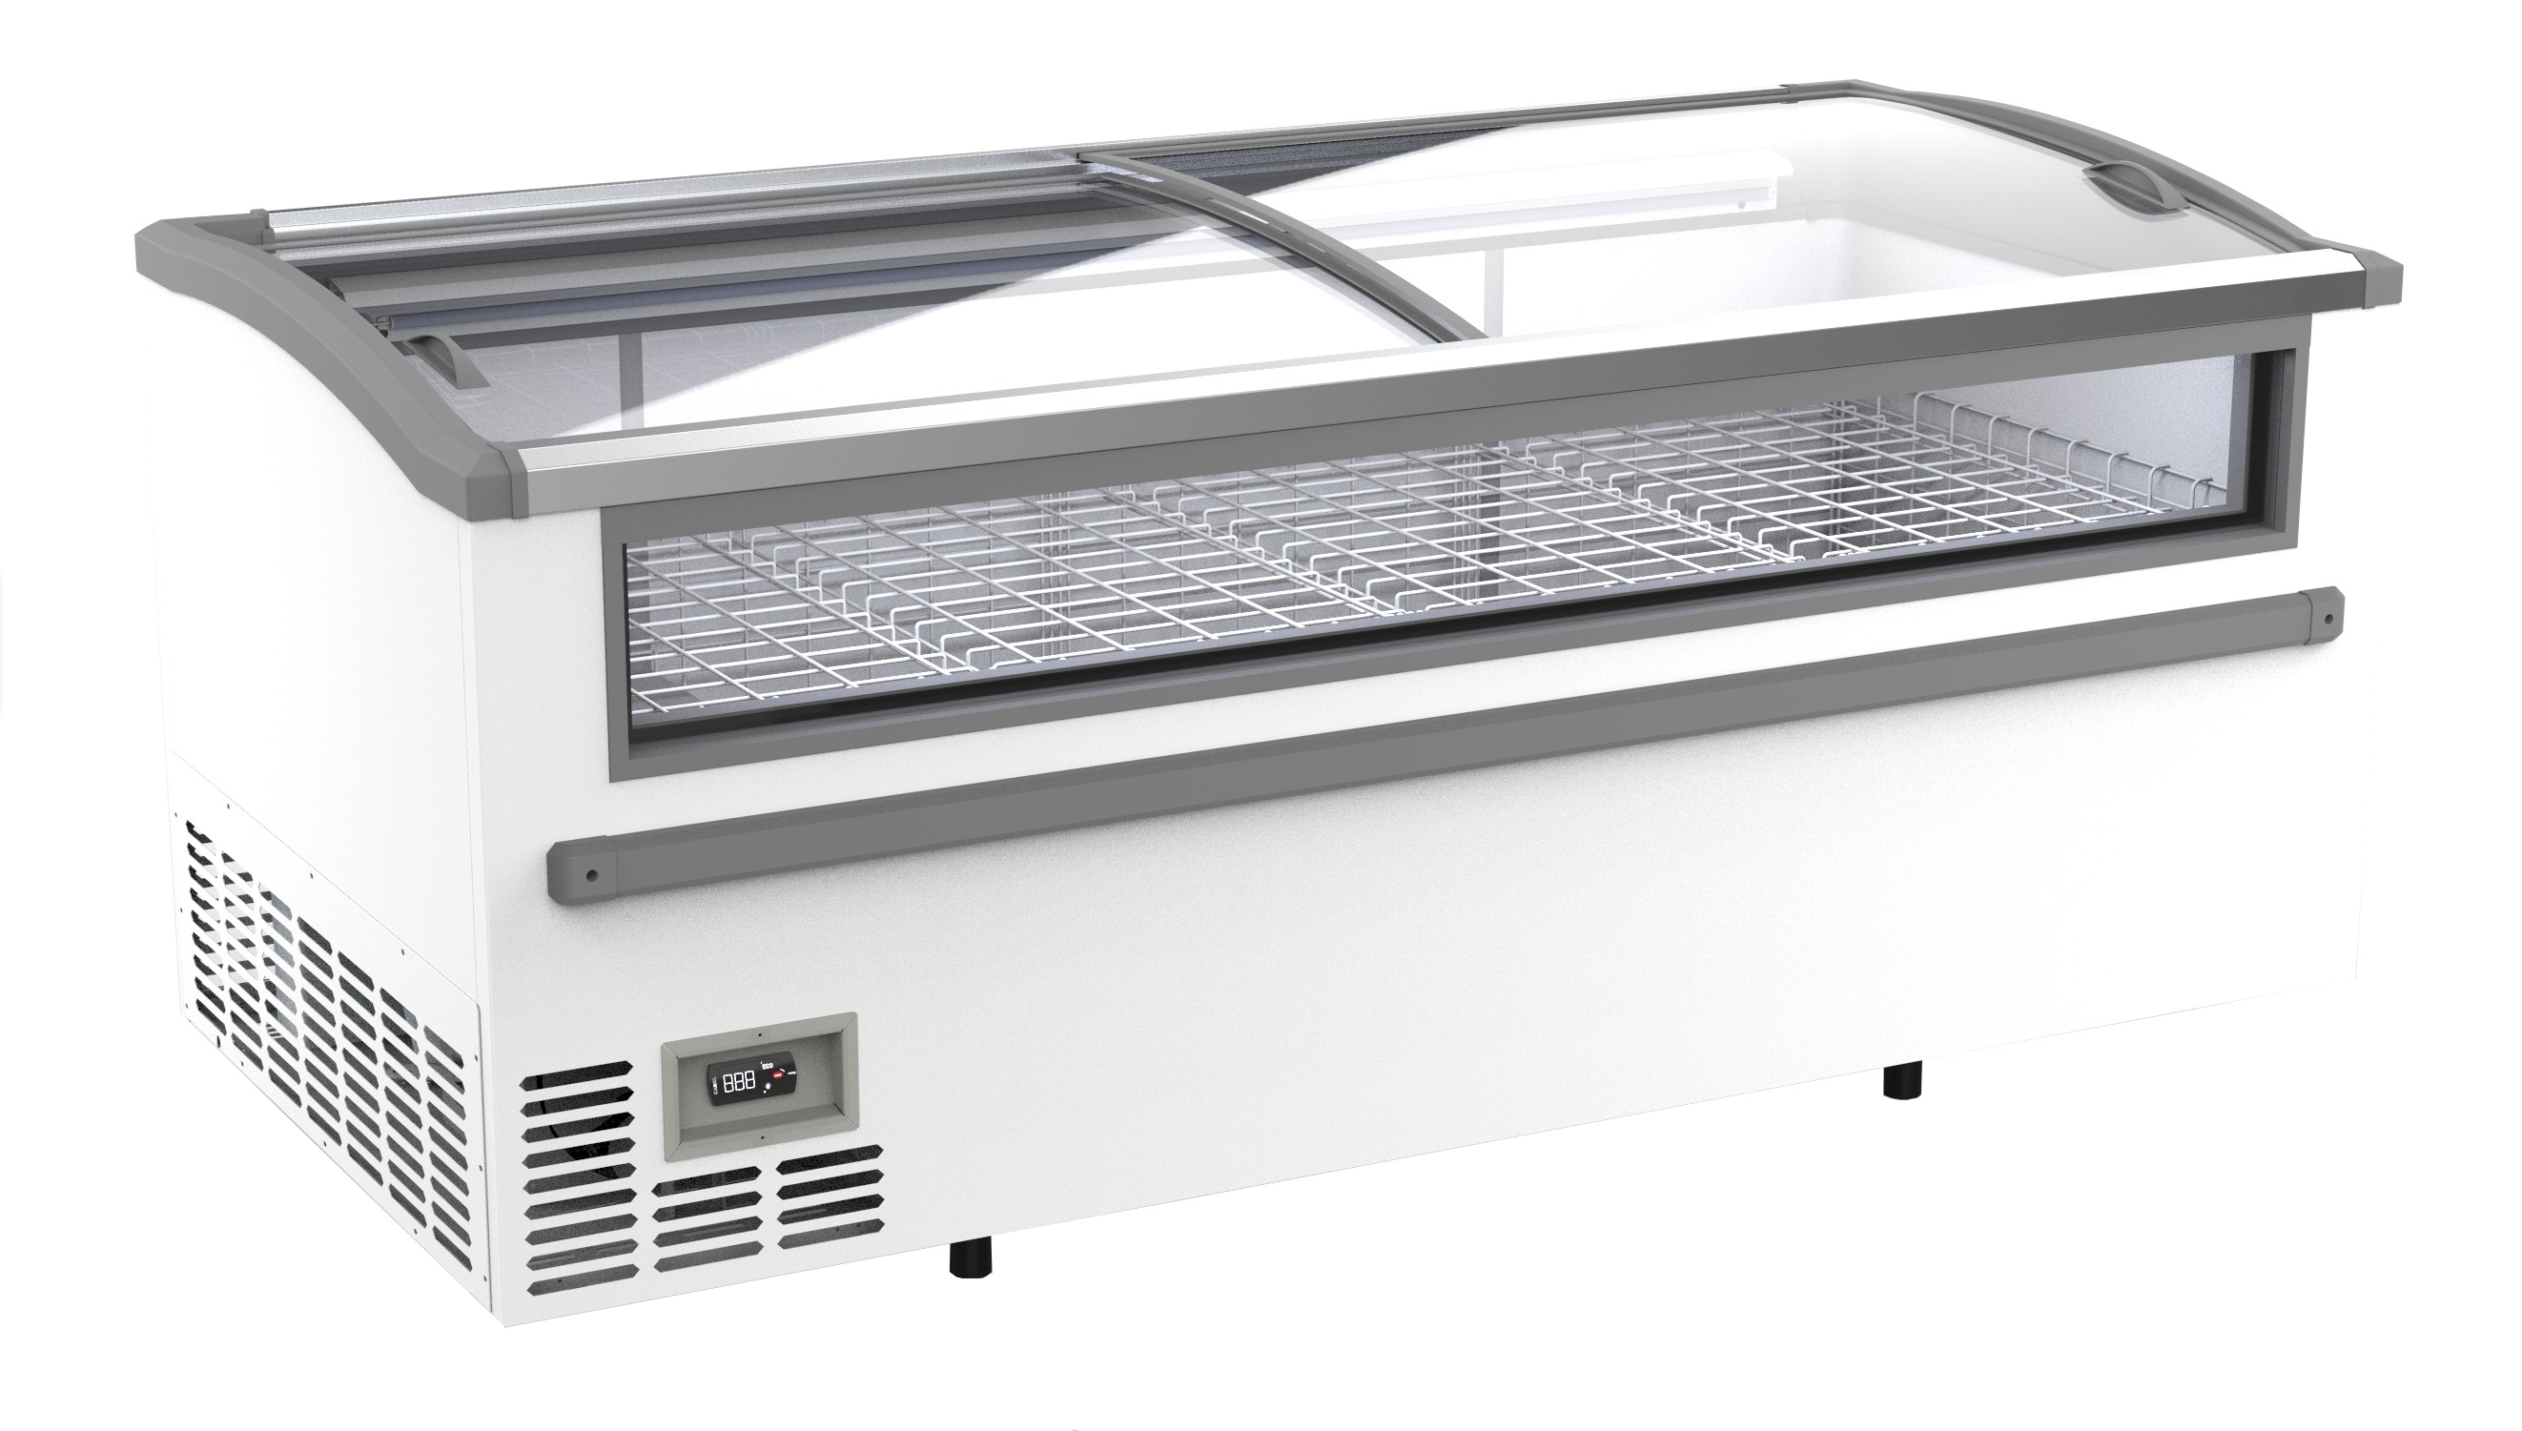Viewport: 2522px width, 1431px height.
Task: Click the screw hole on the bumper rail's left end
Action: (591, 873)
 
